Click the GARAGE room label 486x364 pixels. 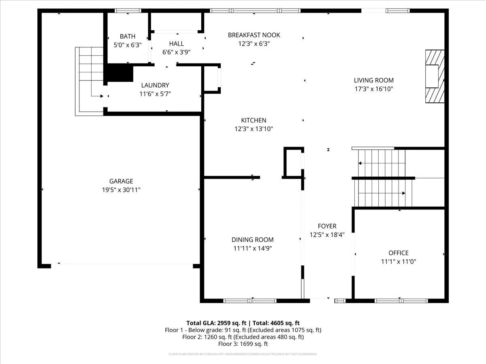121,181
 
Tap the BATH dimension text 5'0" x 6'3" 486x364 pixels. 128,45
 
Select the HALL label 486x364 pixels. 176,44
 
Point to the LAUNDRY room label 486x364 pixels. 155,85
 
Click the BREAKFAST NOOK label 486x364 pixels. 254,35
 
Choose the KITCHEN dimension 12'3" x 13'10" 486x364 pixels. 254,129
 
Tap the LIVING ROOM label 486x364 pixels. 374,80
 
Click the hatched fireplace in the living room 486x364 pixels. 435,76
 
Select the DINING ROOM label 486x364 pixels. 252,239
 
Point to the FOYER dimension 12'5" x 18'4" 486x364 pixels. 327,235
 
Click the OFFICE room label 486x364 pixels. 399,253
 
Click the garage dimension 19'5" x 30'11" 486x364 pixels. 121,190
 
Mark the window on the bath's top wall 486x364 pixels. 128,11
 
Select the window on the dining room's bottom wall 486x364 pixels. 250,301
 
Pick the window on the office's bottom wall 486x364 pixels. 401,301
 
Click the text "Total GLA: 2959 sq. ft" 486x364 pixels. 216,323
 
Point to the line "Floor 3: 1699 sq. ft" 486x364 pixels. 243,344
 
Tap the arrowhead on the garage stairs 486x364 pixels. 102,96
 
